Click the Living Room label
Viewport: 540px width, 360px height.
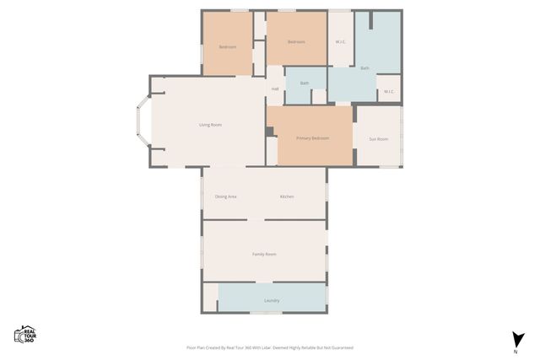pos(210,125)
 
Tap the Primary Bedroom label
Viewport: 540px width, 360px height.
pos(312,137)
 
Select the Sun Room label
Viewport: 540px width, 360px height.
pos(379,138)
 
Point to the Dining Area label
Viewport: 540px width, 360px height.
pos(225,196)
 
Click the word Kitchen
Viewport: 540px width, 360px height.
pos(287,196)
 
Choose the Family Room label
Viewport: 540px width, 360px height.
pos(264,254)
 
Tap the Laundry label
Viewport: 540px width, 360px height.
pos(272,300)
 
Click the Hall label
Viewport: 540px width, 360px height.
pos(275,89)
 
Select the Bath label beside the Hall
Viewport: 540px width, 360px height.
pos(304,83)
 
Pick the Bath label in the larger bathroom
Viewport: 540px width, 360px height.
pos(364,67)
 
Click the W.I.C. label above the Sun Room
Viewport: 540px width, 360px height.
pos(389,91)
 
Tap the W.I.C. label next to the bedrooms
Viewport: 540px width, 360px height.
pos(341,41)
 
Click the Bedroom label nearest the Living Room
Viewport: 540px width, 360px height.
pos(228,46)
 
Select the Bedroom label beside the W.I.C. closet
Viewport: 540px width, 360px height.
pos(295,41)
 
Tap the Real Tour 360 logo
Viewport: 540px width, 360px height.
pos(24,335)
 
